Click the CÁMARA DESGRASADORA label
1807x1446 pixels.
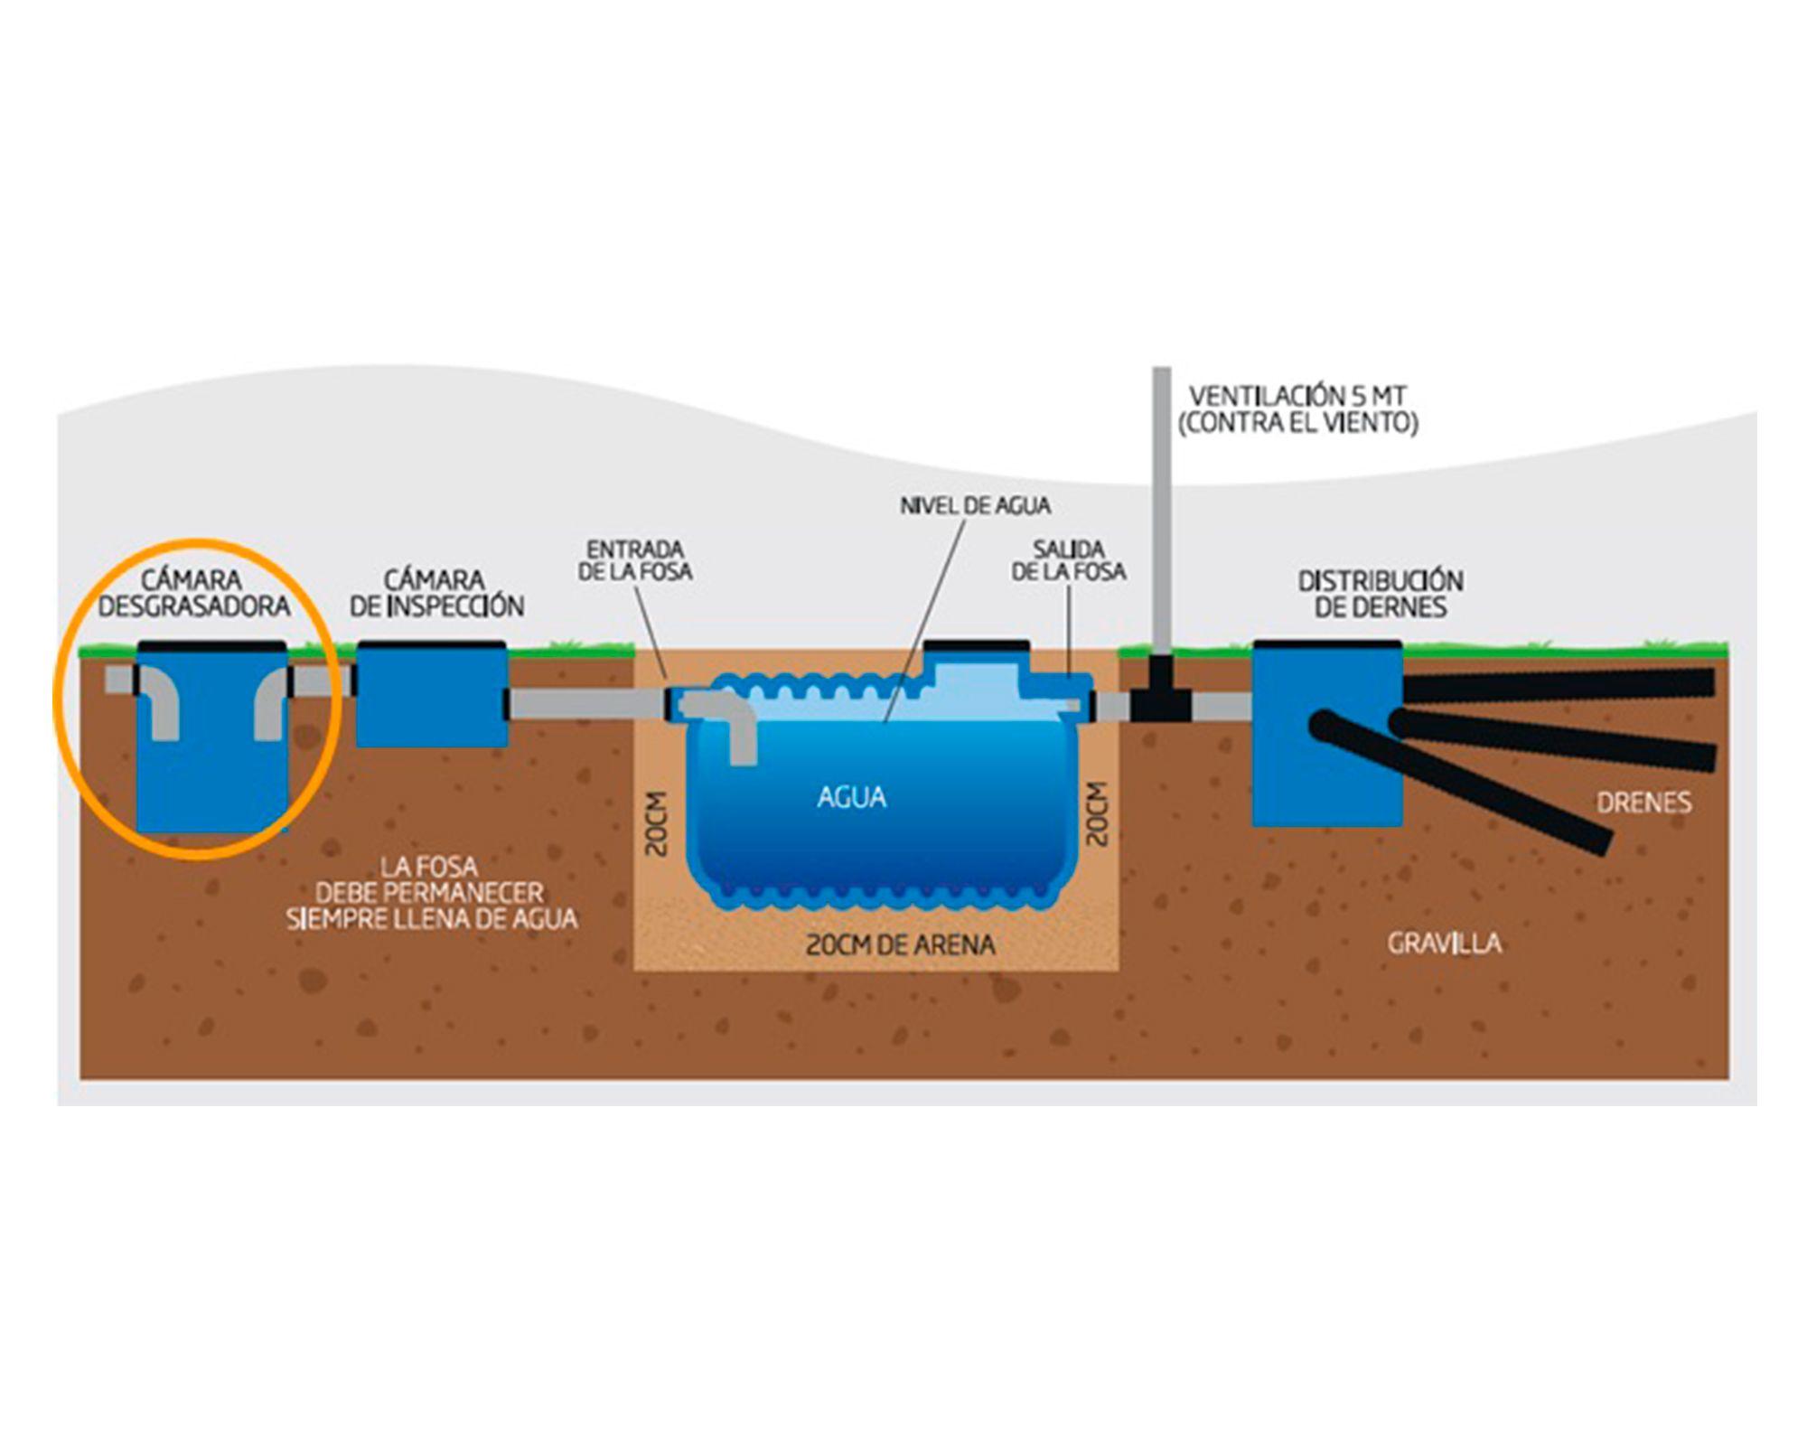pos(193,593)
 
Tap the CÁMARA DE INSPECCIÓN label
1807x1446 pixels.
pos(436,593)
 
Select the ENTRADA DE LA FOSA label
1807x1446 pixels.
pos(635,560)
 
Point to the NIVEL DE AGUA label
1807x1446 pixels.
pos(975,505)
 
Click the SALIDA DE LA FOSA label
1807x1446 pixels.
pos(1069,560)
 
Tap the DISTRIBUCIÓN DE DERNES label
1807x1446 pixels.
pos(1381,594)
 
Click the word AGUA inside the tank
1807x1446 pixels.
pos(851,797)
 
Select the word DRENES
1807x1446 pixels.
pos(1643,803)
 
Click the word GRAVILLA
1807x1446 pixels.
pos(1444,944)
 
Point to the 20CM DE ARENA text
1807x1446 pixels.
pos(900,945)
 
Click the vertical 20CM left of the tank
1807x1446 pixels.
pos(658,823)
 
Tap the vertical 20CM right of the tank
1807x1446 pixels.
pos(1097,814)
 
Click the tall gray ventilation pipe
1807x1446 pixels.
pos(1162,506)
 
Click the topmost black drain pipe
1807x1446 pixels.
pos(1559,684)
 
